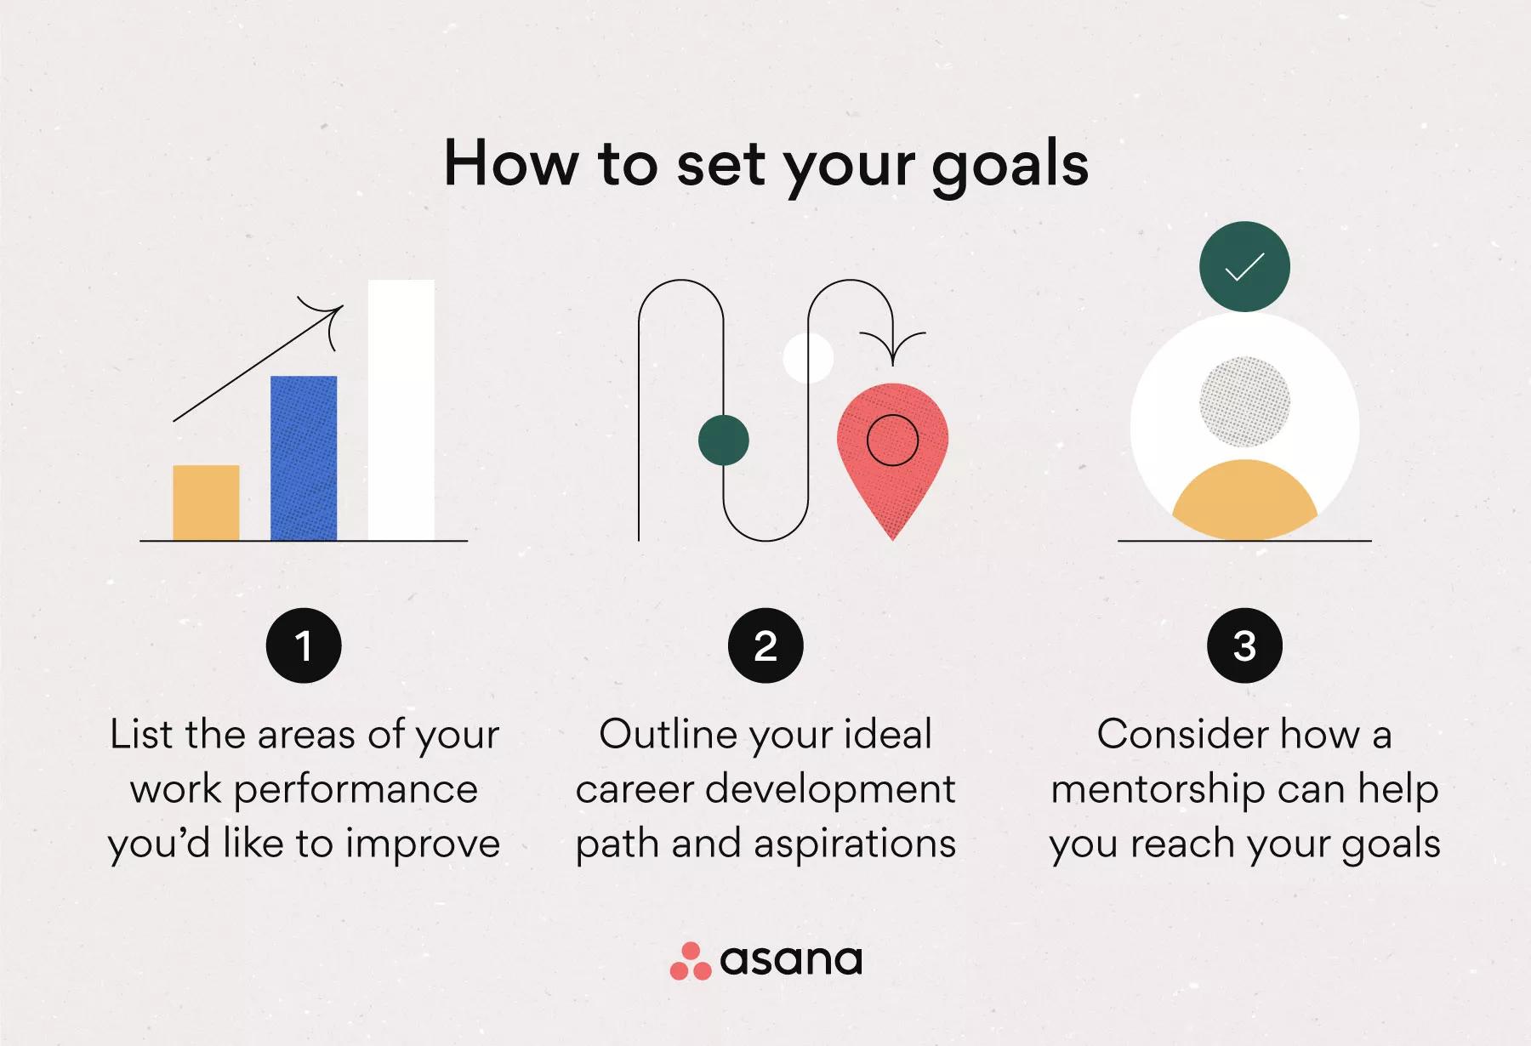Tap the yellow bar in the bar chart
[x=206, y=503]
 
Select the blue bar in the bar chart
[x=304, y=458]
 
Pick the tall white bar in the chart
[x=401, y=410]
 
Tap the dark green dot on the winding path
[x=724, y=441]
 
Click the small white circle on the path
[x=808, y=358]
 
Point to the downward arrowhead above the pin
[x=892, y=349]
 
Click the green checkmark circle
[x=1244, y=266]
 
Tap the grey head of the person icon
[x=1244, y=401]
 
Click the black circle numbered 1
[x=304, y=645]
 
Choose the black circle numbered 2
[x=765, y=645]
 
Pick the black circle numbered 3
[x=1244, y=645]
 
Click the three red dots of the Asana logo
[x=691, y=961]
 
